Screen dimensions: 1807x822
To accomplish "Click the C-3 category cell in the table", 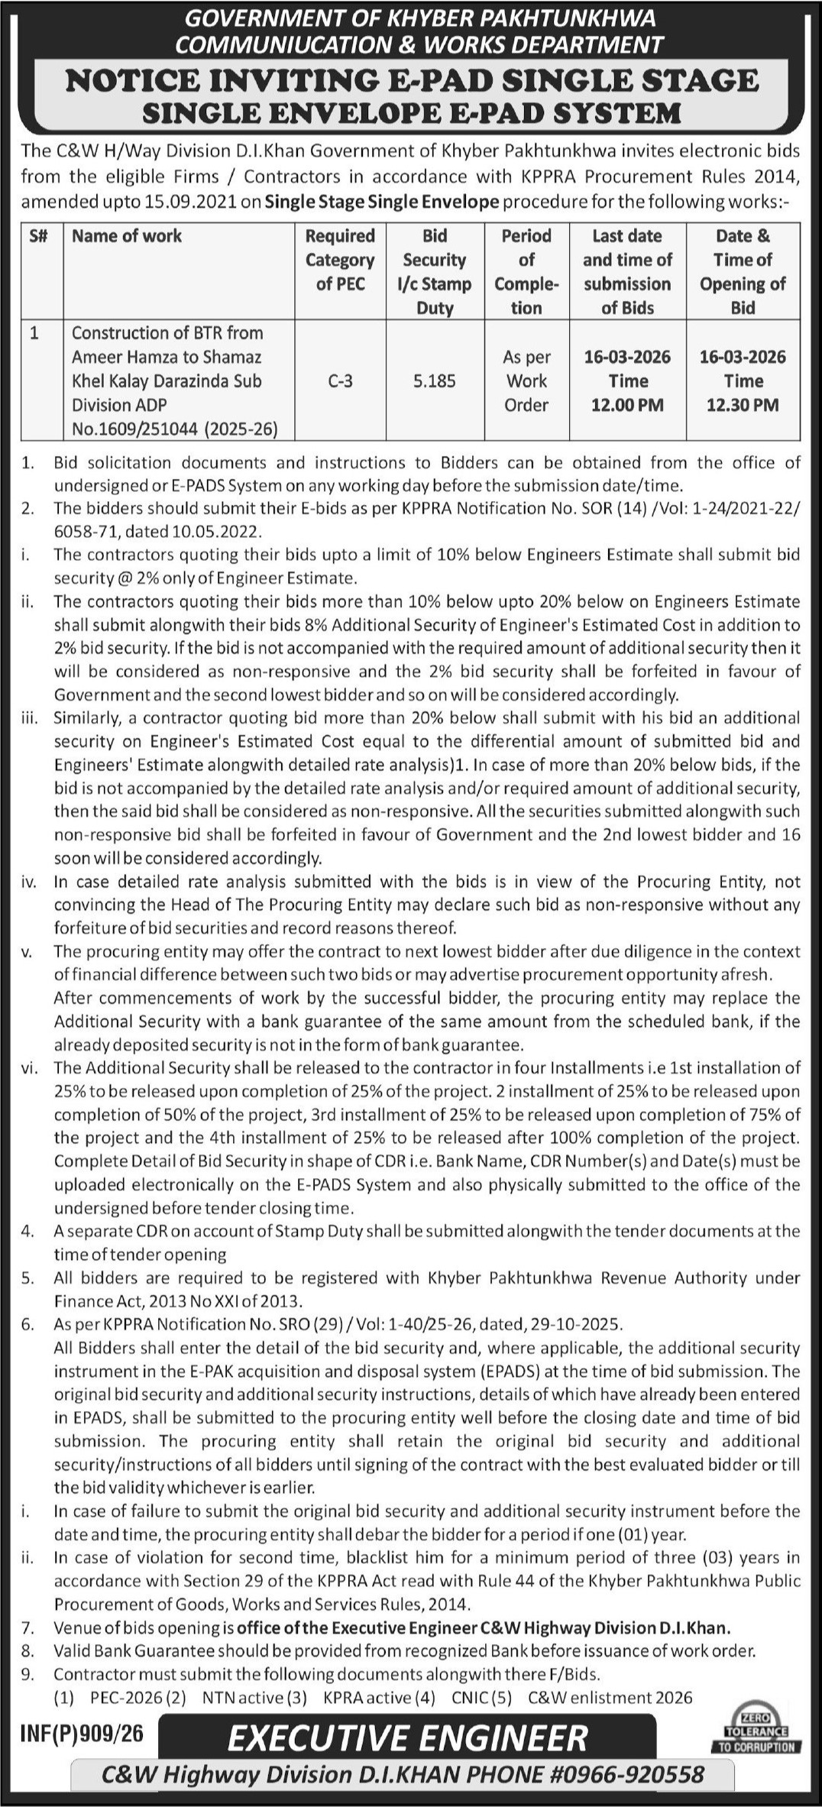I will pos(340,381).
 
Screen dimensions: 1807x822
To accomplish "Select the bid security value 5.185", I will pos(434,381).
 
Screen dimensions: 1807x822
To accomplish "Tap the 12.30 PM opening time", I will pos(743,405).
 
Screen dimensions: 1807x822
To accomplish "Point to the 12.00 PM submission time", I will pos(627,405).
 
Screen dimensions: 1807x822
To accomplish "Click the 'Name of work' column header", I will pos(127,236).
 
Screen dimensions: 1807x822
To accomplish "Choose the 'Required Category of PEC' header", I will pos(340,260).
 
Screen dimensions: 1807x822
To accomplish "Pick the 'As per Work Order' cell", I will pos(526,381).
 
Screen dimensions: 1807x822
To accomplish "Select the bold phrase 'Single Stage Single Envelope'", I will pos(380,202).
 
